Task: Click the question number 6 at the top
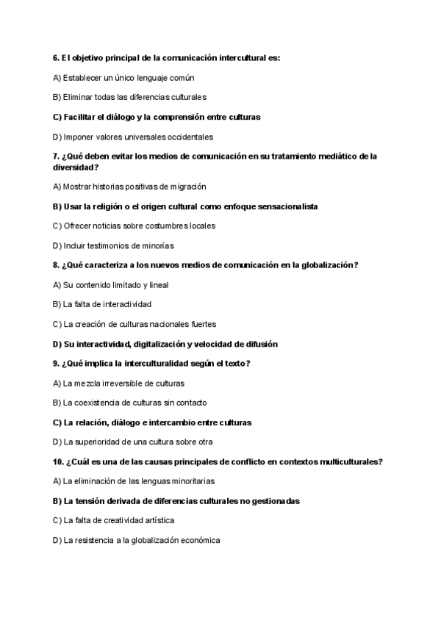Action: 56,57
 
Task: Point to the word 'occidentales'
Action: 190,137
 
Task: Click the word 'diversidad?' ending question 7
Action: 76,167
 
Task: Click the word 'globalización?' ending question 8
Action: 331,265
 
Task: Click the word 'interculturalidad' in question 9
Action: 162,364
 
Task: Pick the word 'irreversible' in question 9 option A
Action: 123,383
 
